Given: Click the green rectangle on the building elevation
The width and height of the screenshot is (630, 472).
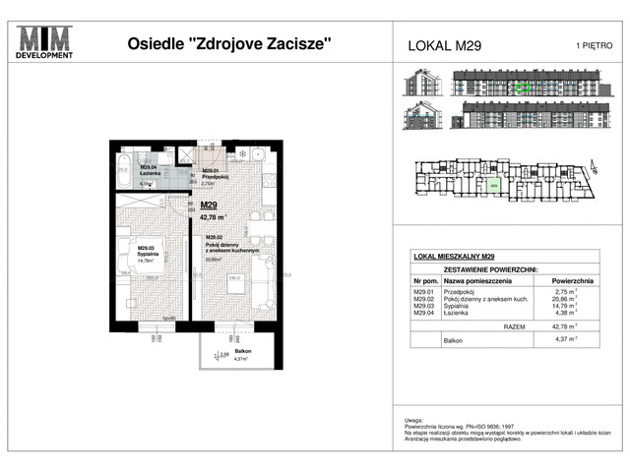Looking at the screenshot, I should coord(523,88).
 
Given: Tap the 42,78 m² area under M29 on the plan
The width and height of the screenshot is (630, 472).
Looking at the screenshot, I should coord(214,218).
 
